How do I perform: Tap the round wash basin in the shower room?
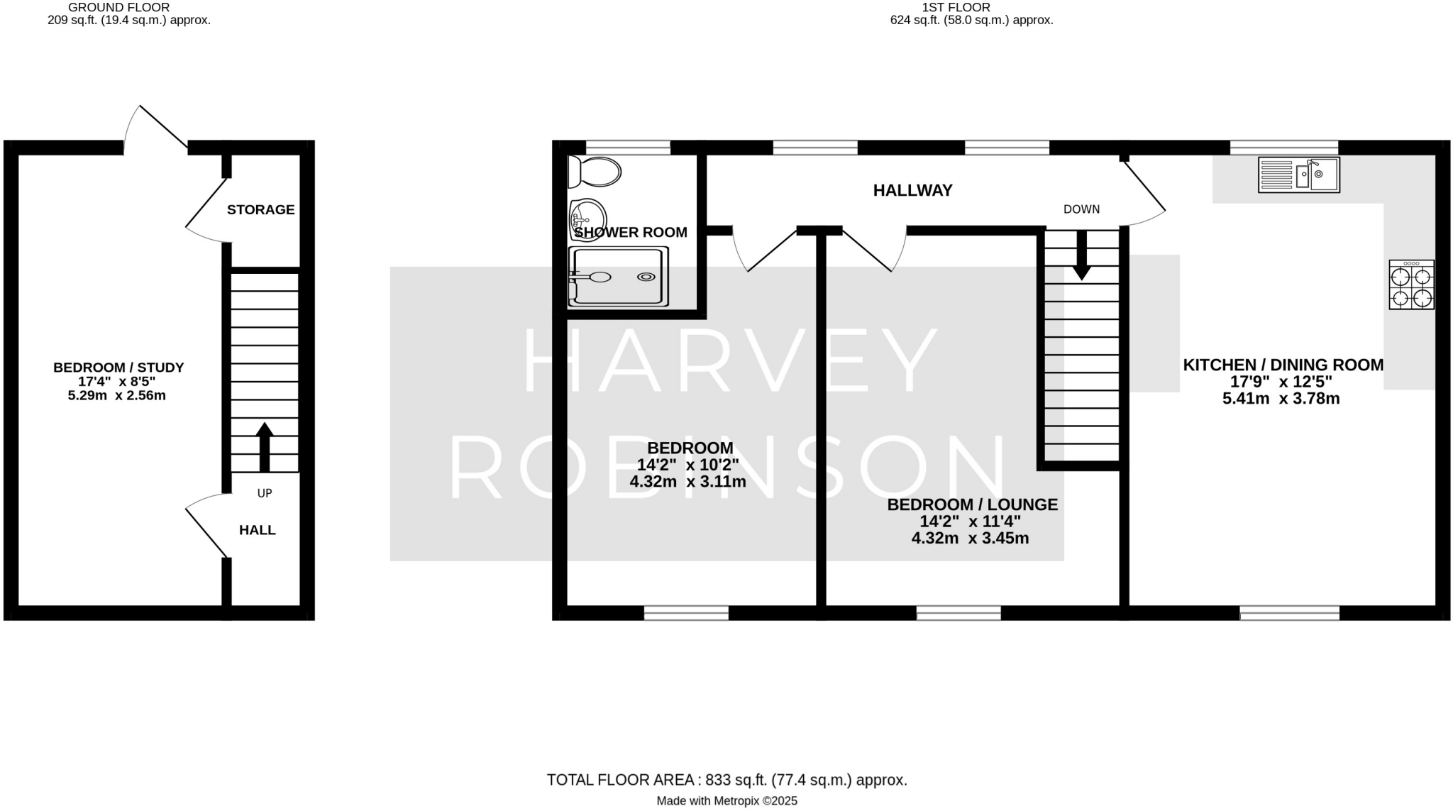tap(587, 219)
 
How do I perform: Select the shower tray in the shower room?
tap(618, 277)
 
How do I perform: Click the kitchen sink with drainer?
tap(1298, 175)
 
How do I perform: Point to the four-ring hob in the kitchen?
tap(1411, 285)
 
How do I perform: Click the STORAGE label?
tap(260, 209)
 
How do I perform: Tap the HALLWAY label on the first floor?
tap(912, 190)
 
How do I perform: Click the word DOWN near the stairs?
tap(1081, 209)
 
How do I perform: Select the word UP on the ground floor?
tap(265, 493)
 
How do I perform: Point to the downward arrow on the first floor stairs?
tap(1081, 254)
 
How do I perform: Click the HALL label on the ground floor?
tap(257, 530)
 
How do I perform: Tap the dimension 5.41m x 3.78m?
tap(1281, 399)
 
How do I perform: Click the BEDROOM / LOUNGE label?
tap(972, 504)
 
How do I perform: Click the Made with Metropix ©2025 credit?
tap(726, 801)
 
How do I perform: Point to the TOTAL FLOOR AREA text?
tap(726, 780)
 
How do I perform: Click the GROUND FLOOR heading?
tap(118, 7)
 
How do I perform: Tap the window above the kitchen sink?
tap(1283, 148)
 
